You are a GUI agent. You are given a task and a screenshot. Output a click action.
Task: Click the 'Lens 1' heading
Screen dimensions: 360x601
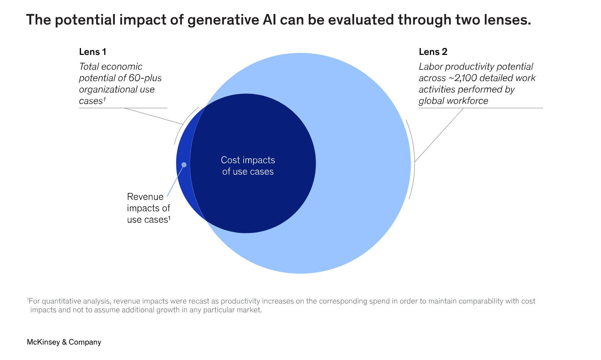pyautogui.click(x=93, y=52)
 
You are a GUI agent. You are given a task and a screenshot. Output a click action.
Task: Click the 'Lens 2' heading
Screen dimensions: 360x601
pyautogui.click(x=433, y=52)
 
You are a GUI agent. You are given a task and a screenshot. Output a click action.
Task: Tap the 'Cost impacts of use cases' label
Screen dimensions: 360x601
pyautogui.click(x=248, y=166)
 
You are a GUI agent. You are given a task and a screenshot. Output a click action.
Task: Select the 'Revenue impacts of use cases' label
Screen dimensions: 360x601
pyautogui.click(x=148, y=208)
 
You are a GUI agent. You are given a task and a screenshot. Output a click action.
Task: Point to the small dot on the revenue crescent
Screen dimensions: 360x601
pyautogui.click(x=184, y=165)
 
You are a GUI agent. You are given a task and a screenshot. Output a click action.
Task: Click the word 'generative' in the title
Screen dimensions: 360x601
pyautogui.click(x=223, y=20)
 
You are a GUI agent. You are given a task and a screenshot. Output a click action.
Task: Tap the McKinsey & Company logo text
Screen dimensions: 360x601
pyautogui.click(x=64, y=342)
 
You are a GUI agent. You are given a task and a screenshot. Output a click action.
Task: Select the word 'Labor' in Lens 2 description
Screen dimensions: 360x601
pyautogui.click(x=431, y=67)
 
